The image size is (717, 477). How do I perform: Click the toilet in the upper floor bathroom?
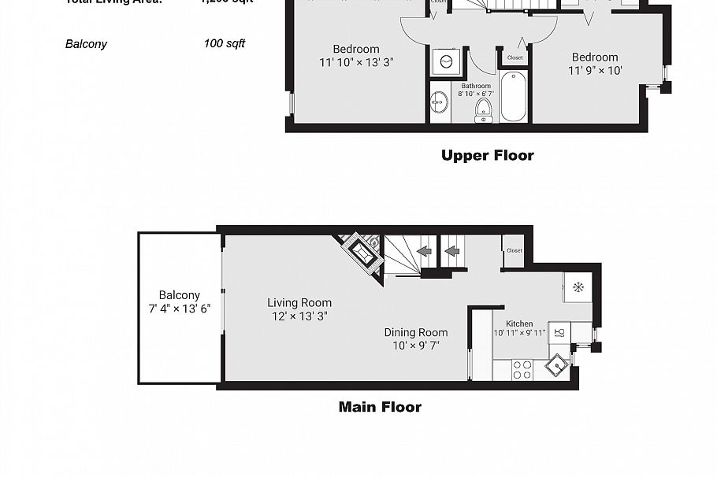click(484, 110)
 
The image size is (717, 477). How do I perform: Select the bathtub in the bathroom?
click(512, 96)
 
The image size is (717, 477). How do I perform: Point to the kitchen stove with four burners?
click(522, 369)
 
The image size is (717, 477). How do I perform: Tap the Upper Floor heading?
click(487, 155)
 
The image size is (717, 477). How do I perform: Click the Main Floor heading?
click(380, 407)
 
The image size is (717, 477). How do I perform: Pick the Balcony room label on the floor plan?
click(179, 295)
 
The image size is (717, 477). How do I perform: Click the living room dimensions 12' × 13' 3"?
click(299, 316)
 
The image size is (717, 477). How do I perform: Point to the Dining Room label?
click(415, 332)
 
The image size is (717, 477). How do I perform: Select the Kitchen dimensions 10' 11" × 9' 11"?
click(518, 333)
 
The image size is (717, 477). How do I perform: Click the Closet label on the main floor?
click(514, 250)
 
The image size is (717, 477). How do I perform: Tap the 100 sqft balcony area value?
click(224, 43)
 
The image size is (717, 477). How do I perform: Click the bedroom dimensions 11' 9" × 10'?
click(595, 71)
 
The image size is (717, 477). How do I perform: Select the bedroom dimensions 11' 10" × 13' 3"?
click(356, 62)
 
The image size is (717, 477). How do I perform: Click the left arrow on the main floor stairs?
click(423, 252)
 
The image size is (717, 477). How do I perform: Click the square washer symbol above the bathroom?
click(445, 61)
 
